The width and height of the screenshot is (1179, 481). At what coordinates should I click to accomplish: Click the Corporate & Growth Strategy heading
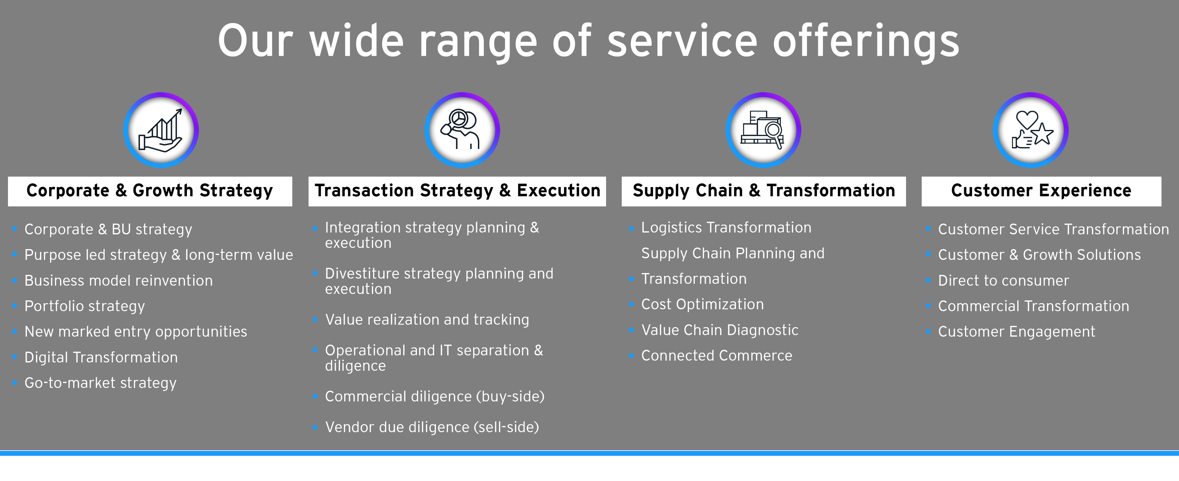pos(150,191)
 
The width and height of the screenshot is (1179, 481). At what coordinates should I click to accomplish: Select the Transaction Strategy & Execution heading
pos(457,191)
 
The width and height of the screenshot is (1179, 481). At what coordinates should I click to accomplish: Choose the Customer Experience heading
pos(1041,191)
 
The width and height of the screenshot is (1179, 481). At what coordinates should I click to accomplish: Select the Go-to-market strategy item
pos(100,383)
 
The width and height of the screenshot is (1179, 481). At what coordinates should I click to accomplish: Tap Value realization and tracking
pos(427,319)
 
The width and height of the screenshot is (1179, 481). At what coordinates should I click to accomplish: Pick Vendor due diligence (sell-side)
pos(432,427)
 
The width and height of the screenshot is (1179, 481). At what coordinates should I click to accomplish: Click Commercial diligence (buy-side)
pos(435,396)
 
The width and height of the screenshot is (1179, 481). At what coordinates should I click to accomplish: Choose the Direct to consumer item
pos(1004,280)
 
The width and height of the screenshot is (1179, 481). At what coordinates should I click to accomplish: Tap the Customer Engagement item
pos(1017,332)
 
